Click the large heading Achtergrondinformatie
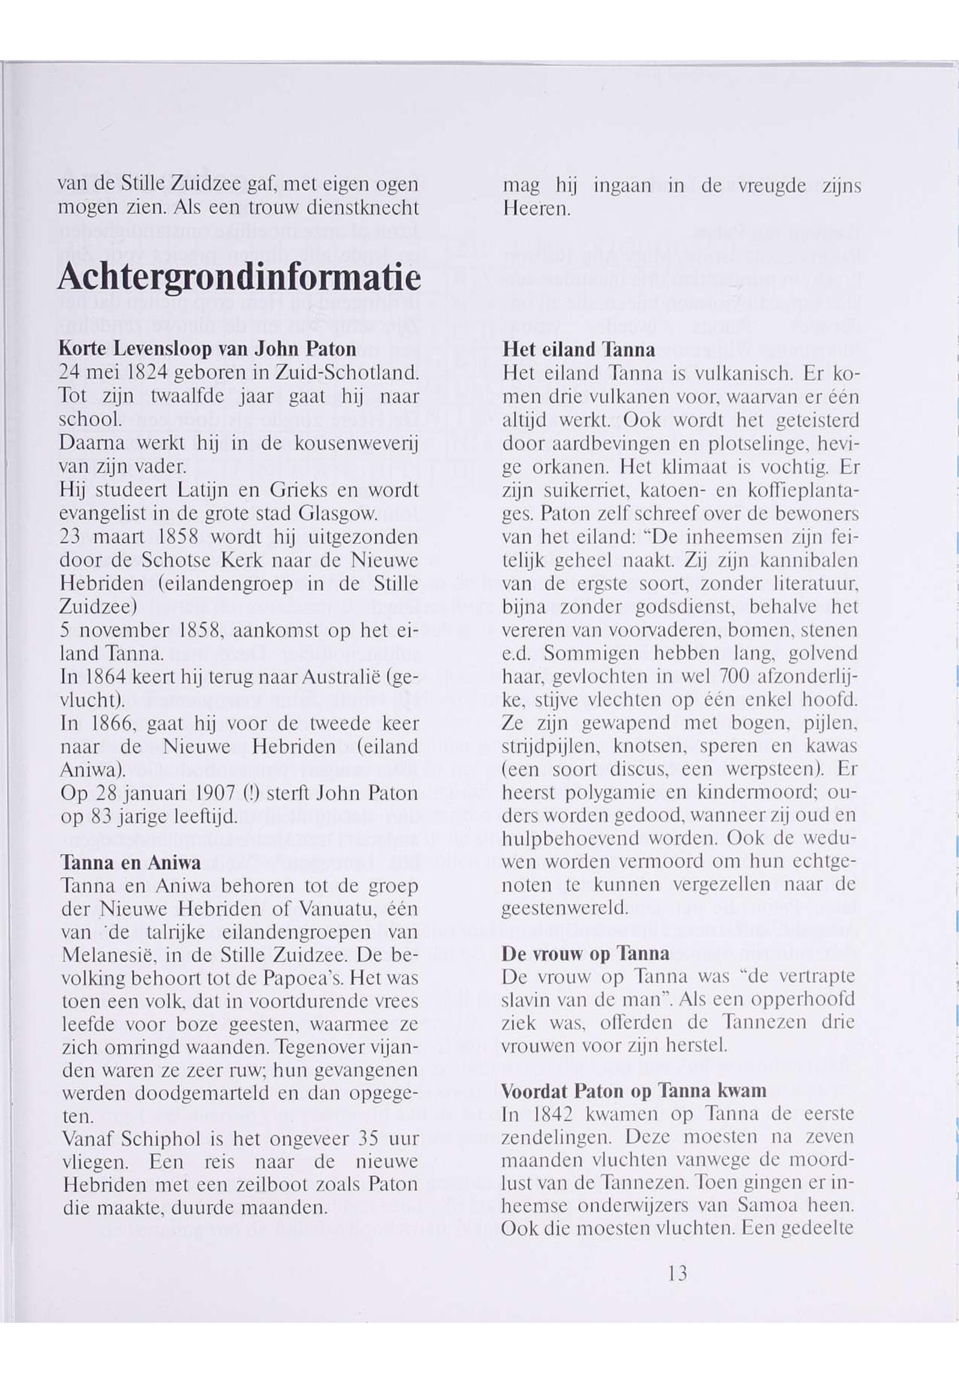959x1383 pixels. click(x=239, y=278)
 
